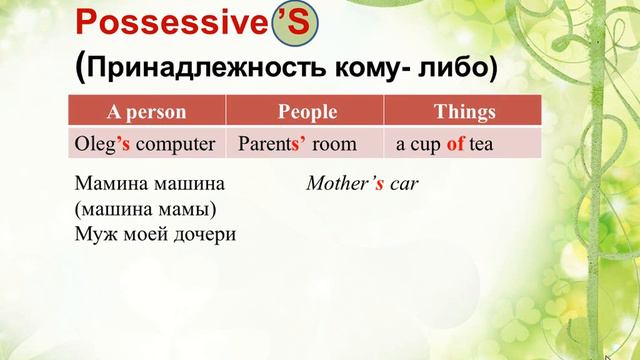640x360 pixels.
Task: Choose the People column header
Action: tap(307, 112)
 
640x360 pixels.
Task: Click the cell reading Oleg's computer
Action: tap(145, 143)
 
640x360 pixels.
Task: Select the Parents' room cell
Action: tap(297, 143)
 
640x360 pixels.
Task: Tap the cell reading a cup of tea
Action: tap(444, 143)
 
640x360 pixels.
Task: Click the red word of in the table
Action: tap(456, 143)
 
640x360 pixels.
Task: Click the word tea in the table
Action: tap(482, 143)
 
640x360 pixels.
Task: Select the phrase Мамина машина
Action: tap(150, 185)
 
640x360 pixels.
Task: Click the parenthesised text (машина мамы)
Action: tap(145, 209)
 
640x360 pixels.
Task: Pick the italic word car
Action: tap(404, 185)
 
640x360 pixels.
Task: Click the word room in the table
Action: tap(335, 143)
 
